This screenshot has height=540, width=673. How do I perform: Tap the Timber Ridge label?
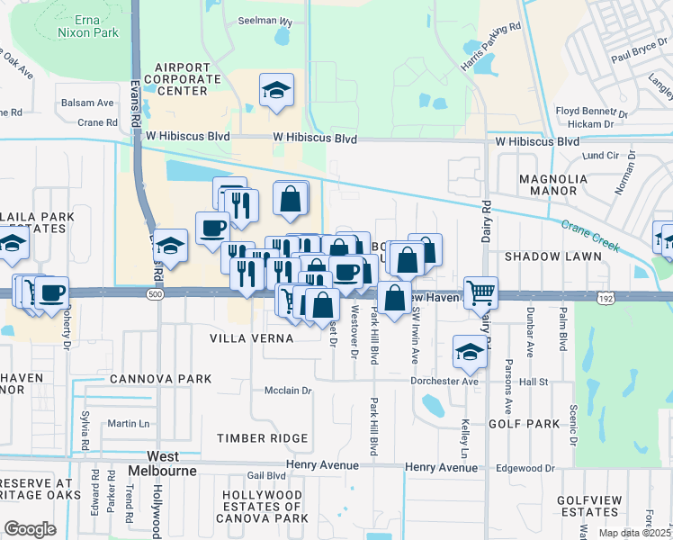[x=263, y=438]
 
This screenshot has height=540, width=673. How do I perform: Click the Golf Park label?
[x=525, y=422]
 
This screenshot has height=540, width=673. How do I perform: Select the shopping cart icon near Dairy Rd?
[x=481, y=292]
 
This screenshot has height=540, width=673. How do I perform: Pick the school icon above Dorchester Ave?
[x=469, y=352]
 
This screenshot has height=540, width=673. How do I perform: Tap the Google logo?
[x=30, y=529]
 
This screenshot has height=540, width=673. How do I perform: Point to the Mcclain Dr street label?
[x=287, y=391]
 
